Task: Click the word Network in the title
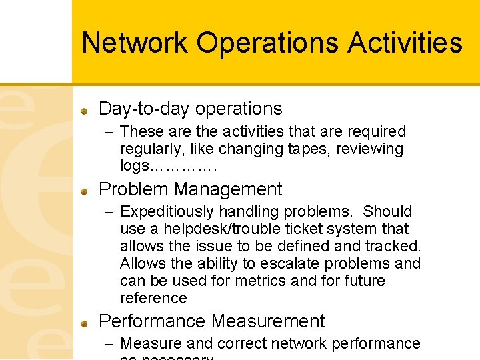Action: [x=135, y=43]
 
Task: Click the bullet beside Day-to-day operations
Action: [x=85, y=109]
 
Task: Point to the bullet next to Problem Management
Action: [x=85, y=190]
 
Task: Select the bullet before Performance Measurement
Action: [x=85, y=322]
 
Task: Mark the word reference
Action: [x=153, y=298]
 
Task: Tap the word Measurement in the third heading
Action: [x=268, y=321]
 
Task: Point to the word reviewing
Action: [x=370, y=149]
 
